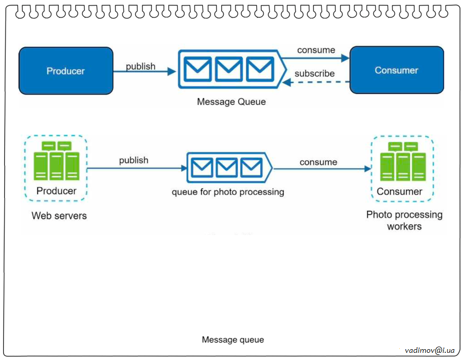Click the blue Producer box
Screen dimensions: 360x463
point(66,71)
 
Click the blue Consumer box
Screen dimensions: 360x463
point(397,70)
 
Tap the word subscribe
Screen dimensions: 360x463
point(314,74)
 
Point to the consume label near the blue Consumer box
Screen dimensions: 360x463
point(316,50)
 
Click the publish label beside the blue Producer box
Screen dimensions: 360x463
point(140,66)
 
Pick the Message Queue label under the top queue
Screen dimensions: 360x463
point(232,102)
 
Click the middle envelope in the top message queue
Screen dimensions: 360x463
point(229,69)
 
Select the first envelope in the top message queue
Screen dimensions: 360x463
point(198,69)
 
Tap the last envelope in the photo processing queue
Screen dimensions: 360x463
point(252,167)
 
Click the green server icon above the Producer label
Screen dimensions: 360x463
point(57,161)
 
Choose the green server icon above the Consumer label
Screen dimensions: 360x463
point(403,162)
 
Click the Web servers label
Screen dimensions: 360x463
point(59,215)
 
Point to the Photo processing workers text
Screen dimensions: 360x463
point(404,221)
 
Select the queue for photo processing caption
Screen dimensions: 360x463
point(228,192)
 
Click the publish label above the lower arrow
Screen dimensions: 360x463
point(134,160)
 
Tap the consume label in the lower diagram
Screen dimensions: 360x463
point(318,162)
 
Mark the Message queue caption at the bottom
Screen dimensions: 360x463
point(233,340)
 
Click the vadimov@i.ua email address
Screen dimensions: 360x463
point(430,350)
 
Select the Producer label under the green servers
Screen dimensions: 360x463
point(56,191)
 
